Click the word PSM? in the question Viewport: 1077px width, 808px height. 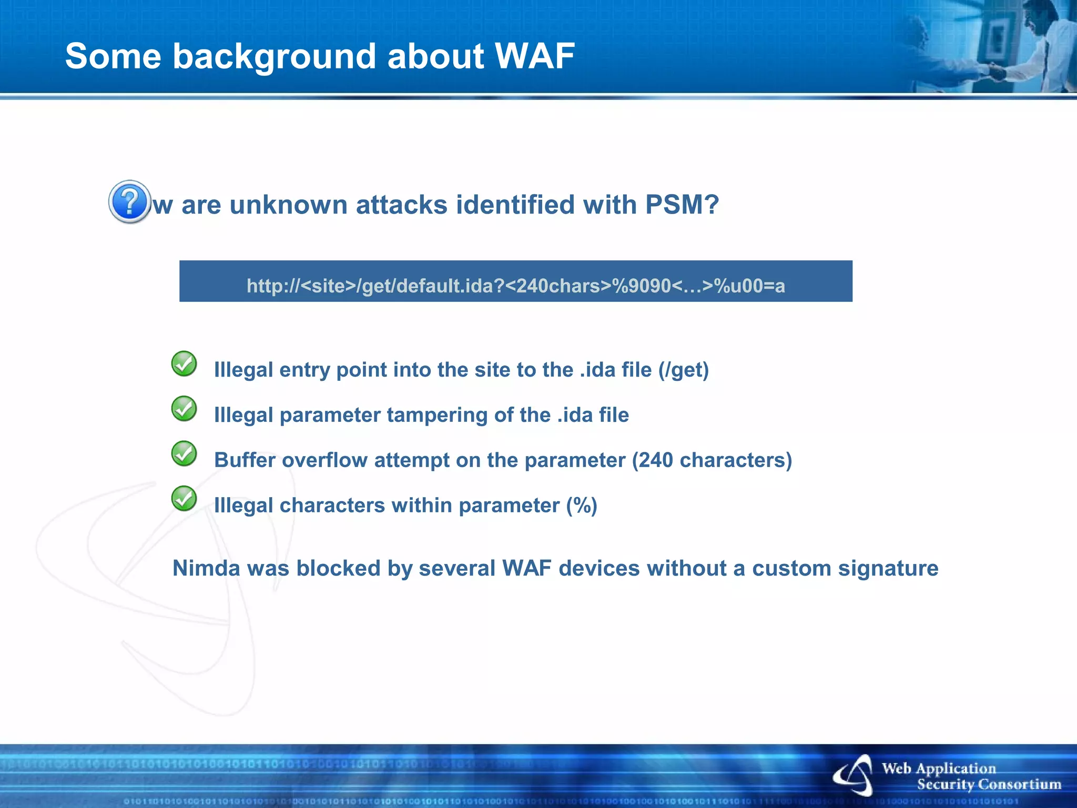(x=682, y=205)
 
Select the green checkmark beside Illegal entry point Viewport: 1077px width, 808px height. (x=184, y=363)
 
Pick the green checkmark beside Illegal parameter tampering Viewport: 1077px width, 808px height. (x=184, y=409)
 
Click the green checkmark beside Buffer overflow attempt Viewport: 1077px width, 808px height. (x=184, y=453)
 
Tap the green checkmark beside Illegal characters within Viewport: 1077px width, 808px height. (x=184, y=499)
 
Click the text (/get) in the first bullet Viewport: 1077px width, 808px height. (x=683, y=370)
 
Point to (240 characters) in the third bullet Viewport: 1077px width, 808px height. (x=712, y=460)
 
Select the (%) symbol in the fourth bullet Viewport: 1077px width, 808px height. (x=582, y=506)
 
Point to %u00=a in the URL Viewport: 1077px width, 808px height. (x=749, y=286)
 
